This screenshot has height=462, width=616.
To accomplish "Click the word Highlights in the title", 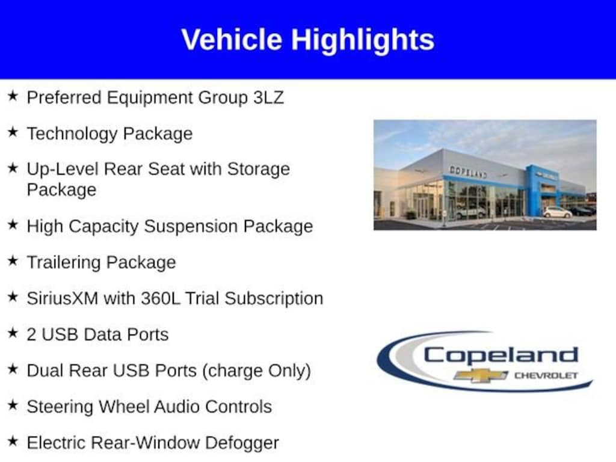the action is [363, 41].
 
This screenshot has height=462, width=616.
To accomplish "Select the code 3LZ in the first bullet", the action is [268, 97].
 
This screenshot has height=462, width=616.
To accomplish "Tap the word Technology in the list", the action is [72, 134].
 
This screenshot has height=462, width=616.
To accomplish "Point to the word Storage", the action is [259, 170].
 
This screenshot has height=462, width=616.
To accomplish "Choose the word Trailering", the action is [64, 263].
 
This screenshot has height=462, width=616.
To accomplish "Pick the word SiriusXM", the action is [63, 298].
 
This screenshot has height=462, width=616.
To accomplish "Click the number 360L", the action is [161, 298].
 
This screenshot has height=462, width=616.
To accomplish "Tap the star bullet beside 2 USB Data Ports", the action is [13, 333].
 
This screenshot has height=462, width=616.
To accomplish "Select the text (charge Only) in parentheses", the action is [256, 371].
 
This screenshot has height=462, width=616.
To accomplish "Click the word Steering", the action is [60, 407].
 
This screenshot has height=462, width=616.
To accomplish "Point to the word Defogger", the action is [242, 443].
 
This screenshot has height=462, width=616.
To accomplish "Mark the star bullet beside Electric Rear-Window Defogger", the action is [13, 441].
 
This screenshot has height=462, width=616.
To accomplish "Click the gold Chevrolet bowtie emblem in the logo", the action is [480, 375].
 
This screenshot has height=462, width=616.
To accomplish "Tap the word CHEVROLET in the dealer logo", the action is [546, 375].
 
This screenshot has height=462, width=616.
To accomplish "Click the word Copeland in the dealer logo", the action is [501, 355].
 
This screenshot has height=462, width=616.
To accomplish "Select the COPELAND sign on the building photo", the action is [468, 172].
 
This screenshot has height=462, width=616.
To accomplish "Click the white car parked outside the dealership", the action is [557, 212].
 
